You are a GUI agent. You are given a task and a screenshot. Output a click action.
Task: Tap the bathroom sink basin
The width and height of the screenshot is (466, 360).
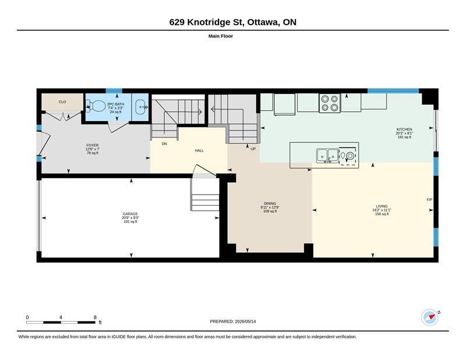140,107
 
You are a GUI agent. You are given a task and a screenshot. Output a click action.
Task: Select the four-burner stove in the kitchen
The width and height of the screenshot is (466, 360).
330,103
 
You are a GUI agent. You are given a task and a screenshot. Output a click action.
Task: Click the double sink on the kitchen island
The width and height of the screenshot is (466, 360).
327,155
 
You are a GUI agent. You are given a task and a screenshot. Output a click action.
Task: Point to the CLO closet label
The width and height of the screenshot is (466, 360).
62,102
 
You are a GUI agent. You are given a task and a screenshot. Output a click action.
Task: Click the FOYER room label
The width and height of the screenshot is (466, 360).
93,146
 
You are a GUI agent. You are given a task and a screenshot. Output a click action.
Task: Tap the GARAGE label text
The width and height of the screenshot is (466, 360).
130,214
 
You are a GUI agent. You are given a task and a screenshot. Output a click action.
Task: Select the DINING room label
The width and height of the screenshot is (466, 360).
270,204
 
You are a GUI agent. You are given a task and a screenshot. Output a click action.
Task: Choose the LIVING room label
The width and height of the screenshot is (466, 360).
382,206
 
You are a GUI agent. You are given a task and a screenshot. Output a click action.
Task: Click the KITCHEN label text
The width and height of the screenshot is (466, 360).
404,129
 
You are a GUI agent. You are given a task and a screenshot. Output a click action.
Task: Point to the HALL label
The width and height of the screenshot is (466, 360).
199,150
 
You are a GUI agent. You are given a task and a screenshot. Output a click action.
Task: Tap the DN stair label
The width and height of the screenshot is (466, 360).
164,144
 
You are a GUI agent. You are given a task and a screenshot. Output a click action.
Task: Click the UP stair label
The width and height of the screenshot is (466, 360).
253,149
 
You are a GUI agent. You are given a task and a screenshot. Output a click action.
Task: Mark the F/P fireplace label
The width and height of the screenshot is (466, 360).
429,200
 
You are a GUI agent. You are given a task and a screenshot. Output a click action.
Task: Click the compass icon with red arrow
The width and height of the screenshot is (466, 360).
430,317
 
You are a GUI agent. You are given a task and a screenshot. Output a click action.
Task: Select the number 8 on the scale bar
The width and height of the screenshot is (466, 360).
95,317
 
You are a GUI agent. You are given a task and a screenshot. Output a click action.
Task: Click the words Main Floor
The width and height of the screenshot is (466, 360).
221,36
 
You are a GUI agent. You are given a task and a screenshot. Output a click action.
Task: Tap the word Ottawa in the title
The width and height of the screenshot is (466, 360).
263,22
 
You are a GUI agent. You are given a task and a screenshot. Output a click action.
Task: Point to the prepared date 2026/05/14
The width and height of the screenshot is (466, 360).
245,322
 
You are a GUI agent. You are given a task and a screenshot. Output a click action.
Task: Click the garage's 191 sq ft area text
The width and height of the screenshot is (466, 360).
130,221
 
